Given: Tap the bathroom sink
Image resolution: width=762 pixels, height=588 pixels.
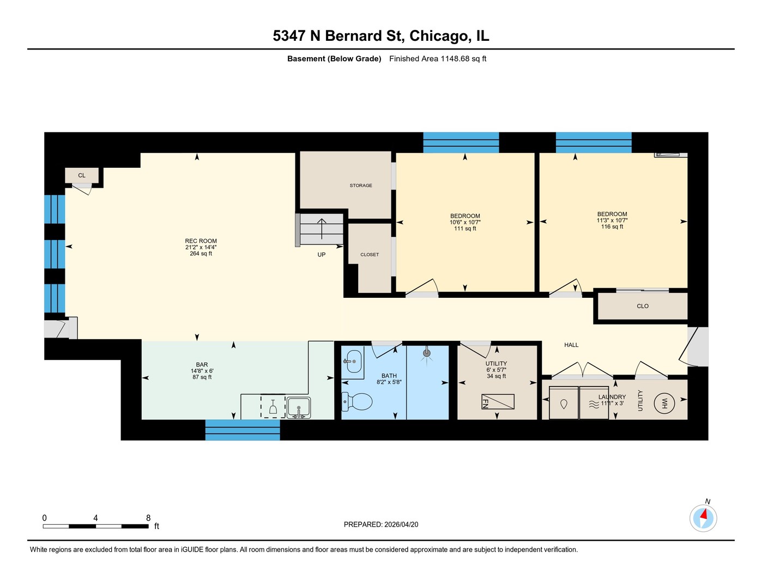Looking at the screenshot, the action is [x=353, y=361].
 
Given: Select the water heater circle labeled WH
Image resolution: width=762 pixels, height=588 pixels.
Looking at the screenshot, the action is [x=664, y=403].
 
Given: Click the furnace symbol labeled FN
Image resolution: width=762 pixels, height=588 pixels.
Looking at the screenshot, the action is [x=498, y=401].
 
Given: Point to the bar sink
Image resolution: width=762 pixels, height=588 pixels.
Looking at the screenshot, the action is [x=298, y=407].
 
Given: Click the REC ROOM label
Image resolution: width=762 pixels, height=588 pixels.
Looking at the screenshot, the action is [x=201, y=241].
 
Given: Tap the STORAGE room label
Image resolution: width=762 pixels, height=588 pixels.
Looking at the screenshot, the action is [x=361, y=186].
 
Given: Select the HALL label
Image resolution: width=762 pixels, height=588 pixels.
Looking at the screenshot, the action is [x=571, y=345].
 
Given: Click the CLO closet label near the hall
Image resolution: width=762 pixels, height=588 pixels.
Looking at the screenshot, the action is [x=643, y=306].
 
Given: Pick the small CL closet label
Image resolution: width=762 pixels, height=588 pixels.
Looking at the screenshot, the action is [x=82, y=175].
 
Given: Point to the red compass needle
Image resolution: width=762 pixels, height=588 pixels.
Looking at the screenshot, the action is [x=704, y=514].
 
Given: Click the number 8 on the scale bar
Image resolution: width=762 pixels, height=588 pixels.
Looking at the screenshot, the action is [x=148, y=518].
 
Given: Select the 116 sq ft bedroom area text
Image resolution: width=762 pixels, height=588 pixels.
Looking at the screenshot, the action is [x=612, y=226].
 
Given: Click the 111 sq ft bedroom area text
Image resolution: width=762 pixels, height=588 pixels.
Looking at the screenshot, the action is [x=465, y=229].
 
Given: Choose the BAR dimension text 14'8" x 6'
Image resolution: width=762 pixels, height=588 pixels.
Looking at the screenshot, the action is [x=202, y=371].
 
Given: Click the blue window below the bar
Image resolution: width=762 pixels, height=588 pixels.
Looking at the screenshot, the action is [x=243, y=430].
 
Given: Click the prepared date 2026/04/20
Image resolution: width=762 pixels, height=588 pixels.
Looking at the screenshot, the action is [x=401, y=524].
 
